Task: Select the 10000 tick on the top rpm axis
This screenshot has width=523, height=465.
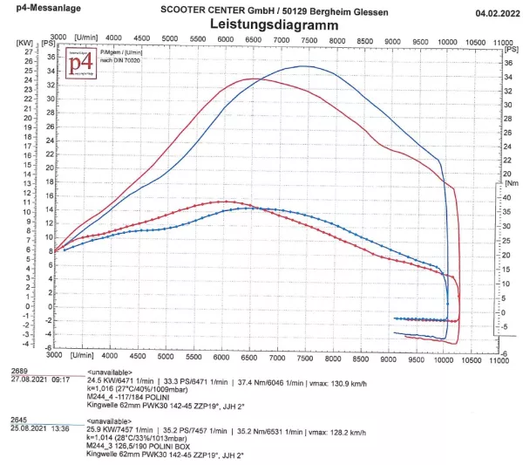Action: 448,40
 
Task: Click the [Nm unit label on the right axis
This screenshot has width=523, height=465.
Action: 511,184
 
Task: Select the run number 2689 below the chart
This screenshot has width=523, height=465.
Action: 18,372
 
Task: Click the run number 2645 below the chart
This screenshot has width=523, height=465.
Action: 18,419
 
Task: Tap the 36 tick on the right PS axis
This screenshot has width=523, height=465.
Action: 509,64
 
